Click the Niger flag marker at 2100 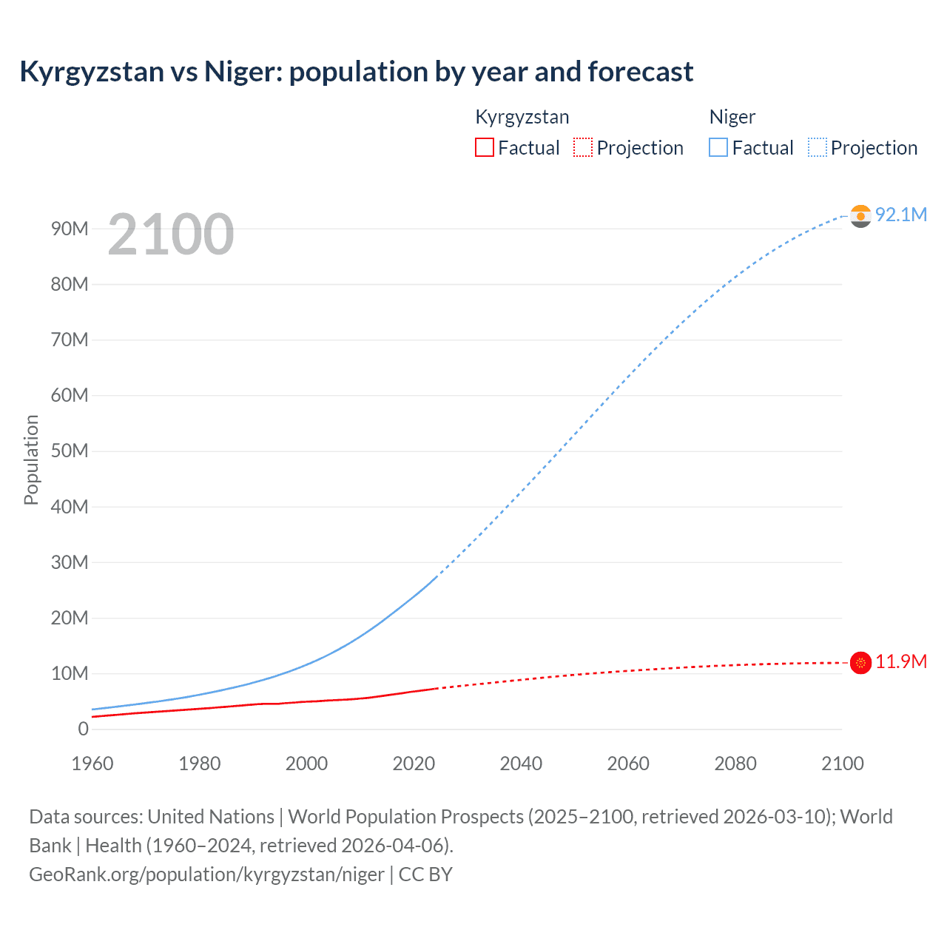tap(860, 215)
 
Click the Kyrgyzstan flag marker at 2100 tap(860, 663)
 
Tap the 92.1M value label tap(900, 215)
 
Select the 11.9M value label tap(900, 661)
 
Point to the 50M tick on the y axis tap(70, 451)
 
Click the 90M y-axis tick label tap(70, 229)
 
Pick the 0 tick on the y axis tap(83, 729)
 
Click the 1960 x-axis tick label tap(92, 764)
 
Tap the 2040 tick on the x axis tap(521, 764)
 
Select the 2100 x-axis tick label tap(842, 764)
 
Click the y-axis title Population tap(31, 459)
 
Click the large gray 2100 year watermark tap(171, 235)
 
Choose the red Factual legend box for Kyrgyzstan tap(484, 148)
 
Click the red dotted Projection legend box tap(583, 148)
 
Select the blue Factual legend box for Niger tap(718, 148)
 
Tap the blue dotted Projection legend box tap(817, 148)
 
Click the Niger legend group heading tap(732, 117)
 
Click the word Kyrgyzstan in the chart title tap(92, 72)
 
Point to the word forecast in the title tap(641, 72)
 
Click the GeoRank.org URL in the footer tap(206, 874)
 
